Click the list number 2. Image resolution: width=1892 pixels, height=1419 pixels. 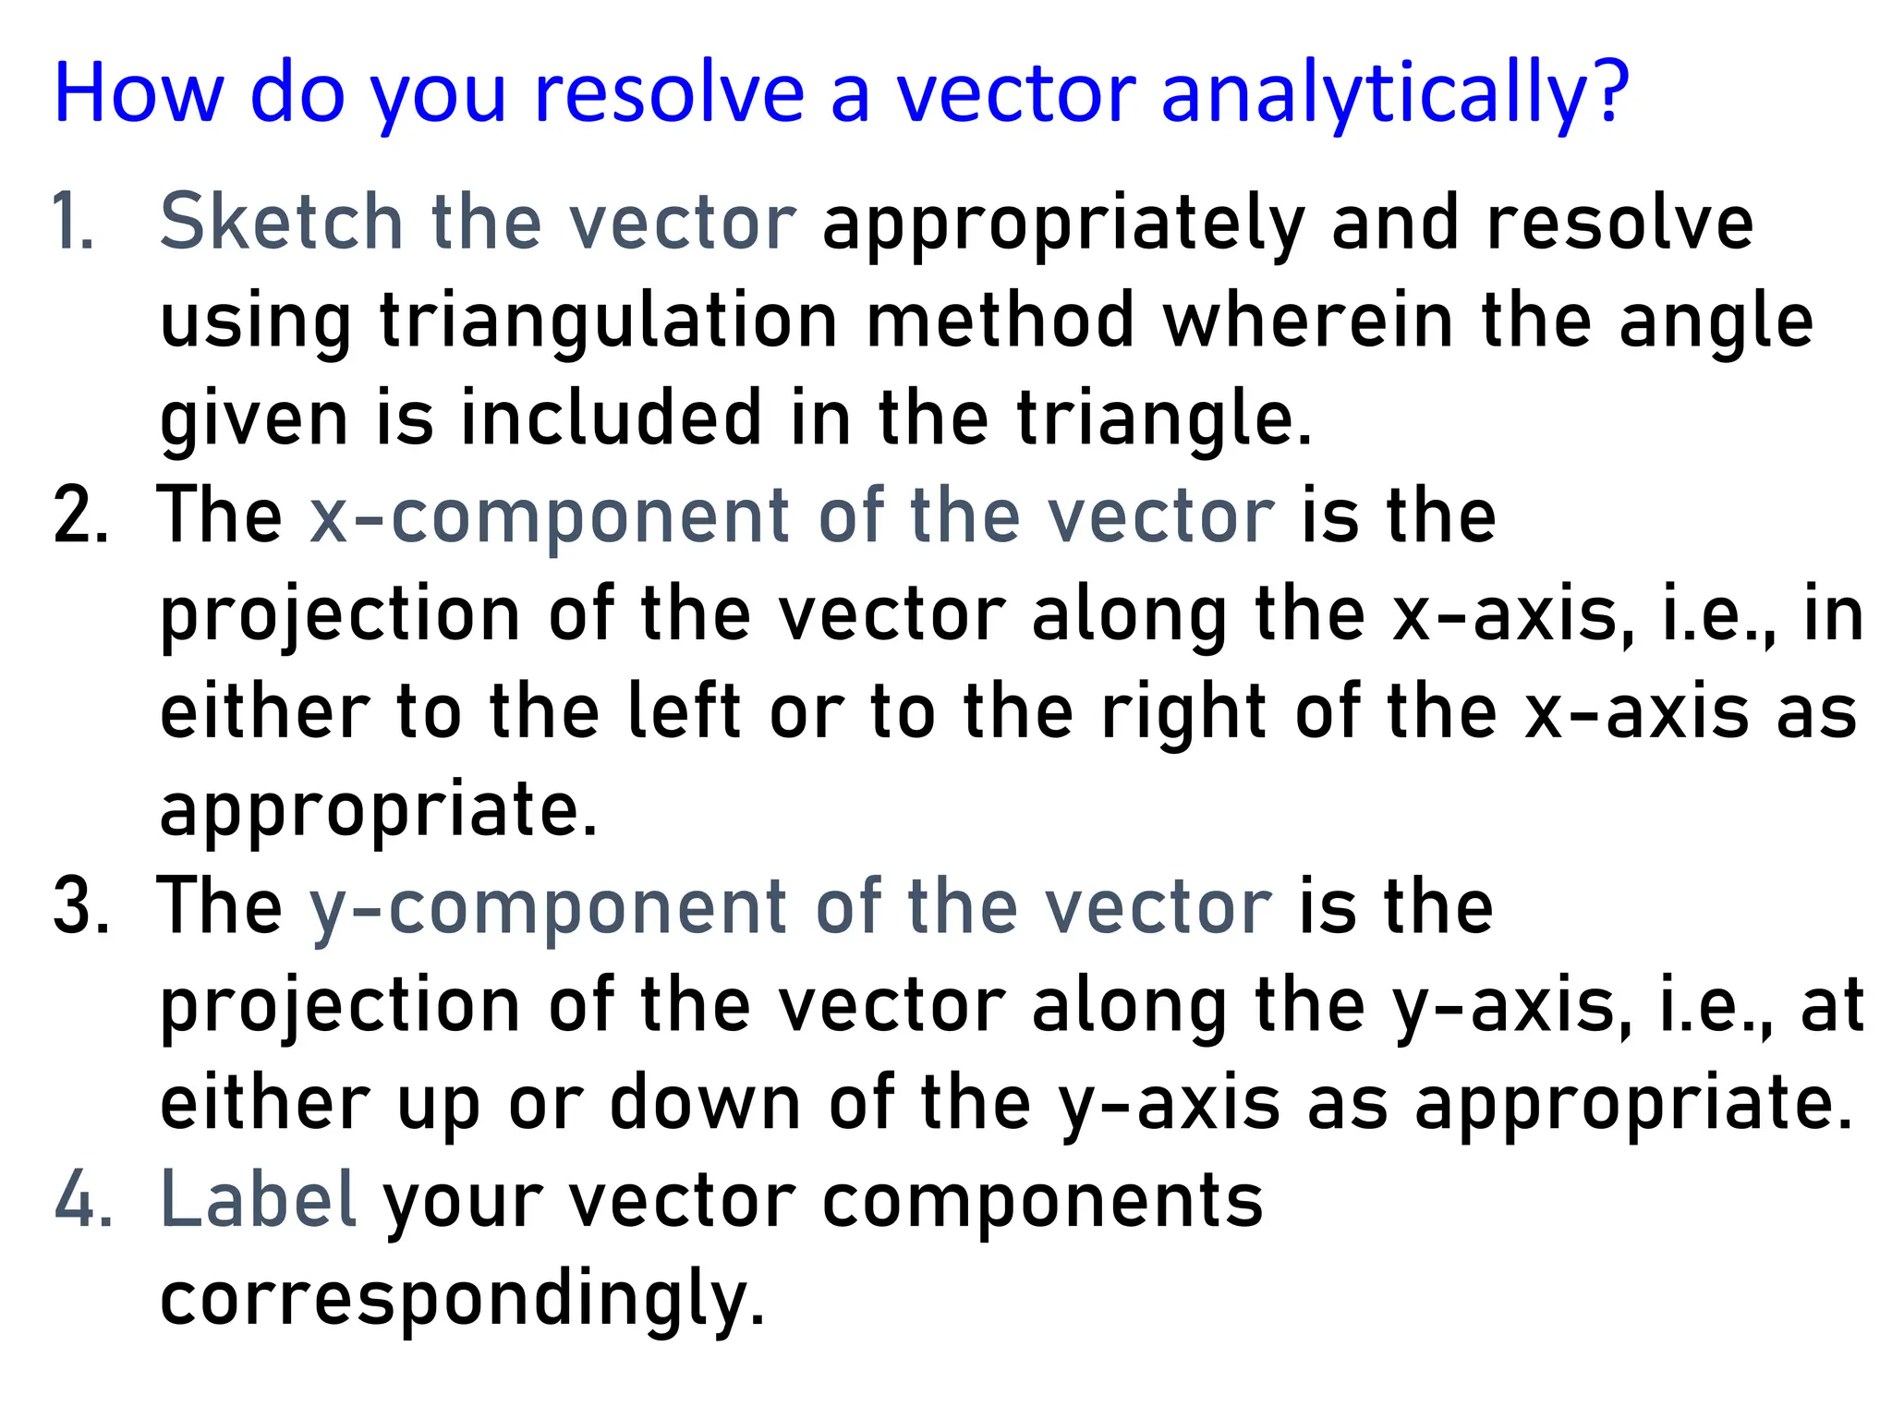80,515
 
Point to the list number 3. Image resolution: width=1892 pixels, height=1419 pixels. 80,906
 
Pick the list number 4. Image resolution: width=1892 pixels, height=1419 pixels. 82,1200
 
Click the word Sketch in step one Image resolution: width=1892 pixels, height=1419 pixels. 281,222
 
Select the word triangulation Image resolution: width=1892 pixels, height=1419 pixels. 607,321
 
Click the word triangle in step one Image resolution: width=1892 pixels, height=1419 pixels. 1163,418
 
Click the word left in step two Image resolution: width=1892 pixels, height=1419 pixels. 684,712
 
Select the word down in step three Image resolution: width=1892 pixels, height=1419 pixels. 705,1103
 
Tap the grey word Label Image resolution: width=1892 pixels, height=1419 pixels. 259,1200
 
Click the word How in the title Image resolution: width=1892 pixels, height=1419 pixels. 139,93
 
